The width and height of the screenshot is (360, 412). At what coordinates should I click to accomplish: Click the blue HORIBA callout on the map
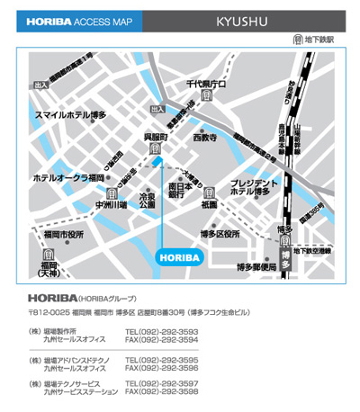click(x=180, y=257)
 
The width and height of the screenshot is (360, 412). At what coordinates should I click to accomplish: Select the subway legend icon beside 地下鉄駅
click(x=296, y=40)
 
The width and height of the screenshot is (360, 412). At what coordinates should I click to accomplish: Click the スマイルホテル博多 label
click(x=70, y=115)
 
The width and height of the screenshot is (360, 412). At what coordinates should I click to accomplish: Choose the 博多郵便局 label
click(x=256, y=267)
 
